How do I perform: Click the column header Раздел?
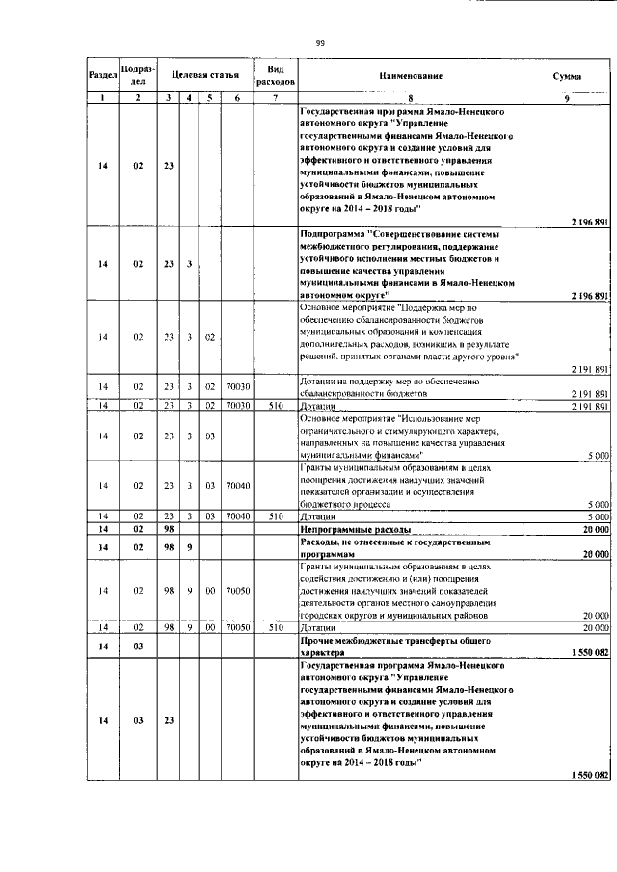point(102,74)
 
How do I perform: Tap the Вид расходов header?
point(275,74)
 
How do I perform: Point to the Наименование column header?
point(410,74)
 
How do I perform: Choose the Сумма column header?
point(566,74)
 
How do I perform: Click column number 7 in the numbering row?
point(275,98)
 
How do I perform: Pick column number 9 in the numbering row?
point(566,98)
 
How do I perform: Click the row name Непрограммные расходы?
point(356,530)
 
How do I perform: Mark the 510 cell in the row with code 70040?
point(275,516)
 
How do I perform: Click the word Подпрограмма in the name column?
point(334,233)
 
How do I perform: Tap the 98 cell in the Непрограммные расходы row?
point(168,530)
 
